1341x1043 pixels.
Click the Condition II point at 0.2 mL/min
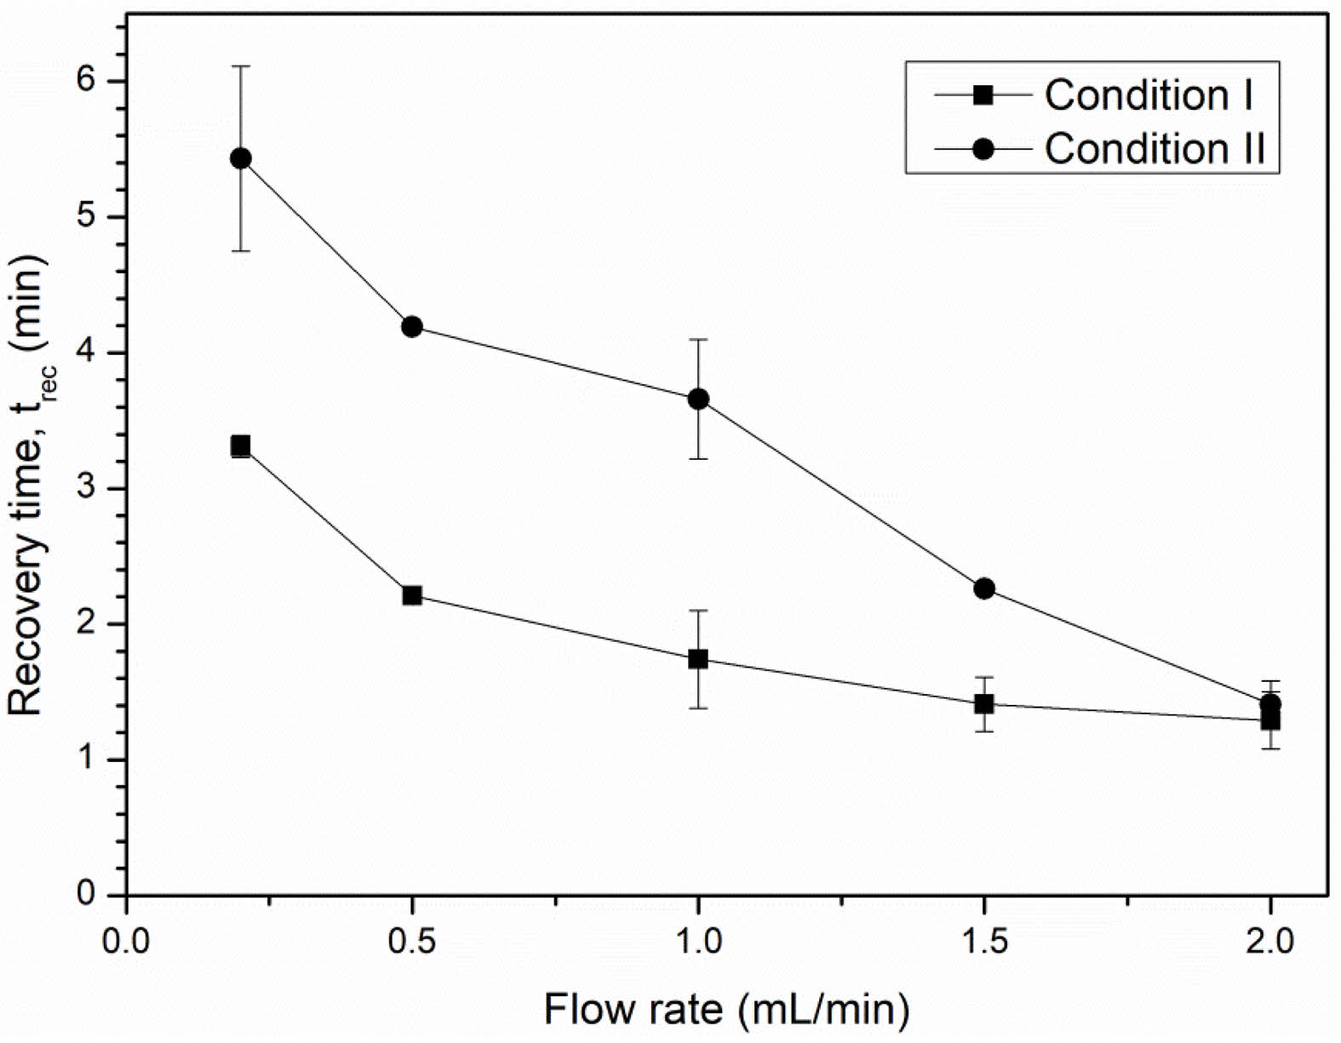241,158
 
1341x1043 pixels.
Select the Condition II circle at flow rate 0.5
412,327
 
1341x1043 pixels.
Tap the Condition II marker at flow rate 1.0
698,398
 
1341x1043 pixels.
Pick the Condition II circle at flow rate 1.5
984,588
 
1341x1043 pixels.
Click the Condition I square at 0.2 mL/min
241,445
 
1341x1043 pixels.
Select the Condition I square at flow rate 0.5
412,595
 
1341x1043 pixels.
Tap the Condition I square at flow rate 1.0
698,659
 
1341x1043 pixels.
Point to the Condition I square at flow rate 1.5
984,704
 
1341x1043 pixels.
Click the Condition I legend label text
1149,95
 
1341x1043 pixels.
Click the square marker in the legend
983,95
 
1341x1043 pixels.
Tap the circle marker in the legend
983,149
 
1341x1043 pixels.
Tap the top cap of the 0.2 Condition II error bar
241,66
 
